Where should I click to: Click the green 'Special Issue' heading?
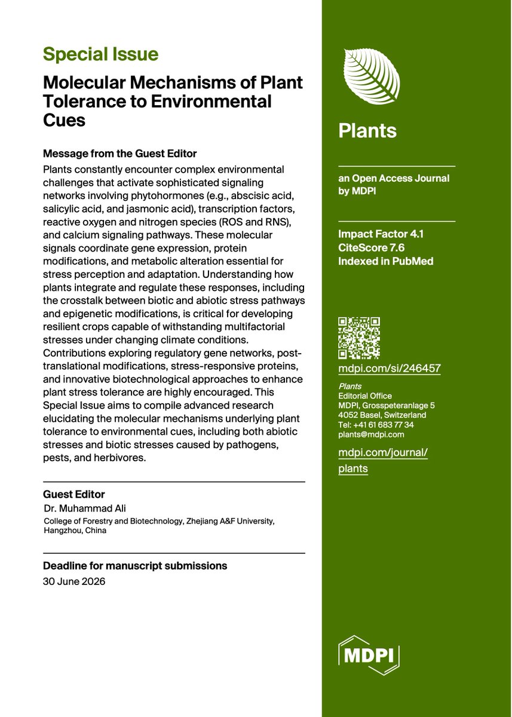[x=100, y=55]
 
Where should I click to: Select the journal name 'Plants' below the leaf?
[x=367, y=131]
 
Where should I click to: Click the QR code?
[x=359, y=338]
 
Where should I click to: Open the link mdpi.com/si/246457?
[x=390, y=369]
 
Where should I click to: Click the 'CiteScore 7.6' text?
[x=371, y=248]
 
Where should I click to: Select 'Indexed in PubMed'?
[x=385, y=261]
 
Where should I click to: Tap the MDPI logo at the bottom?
[x=369, y=656]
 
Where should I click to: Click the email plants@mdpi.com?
[x=371, y=434]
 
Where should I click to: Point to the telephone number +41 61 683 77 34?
[x=376, y=425]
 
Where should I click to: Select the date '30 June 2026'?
[x=74, y=581]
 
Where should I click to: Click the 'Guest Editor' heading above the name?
[x=73, y=494]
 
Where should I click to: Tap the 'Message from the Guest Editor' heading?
[x=119, y=153]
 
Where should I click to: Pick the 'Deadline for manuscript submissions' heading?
[x=135, y=565]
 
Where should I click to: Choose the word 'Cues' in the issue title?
[x=64, y=119]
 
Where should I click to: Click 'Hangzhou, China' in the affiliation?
[x=75, y=530]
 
